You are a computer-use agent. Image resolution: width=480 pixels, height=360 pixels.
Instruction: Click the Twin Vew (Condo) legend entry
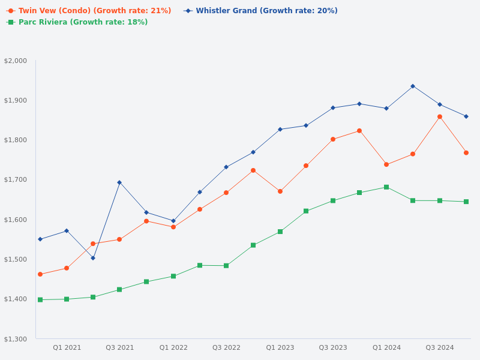pos(94,11)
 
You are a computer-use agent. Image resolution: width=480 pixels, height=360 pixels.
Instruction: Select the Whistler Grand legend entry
pos(266,11)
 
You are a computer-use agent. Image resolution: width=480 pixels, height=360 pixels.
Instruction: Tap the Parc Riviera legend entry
pos(82,22)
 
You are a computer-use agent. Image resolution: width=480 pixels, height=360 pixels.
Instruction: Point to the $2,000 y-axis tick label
pos(16,61)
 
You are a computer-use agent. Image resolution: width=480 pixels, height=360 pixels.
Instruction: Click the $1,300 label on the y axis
pos(16,339)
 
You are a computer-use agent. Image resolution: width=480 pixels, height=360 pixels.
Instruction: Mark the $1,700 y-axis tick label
pos(16,179)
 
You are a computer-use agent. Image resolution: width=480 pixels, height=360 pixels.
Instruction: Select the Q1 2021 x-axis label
pos(67,347)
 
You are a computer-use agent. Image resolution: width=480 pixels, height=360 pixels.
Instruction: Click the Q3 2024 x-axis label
pos(440,347)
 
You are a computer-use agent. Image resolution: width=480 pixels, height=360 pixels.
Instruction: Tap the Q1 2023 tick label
pos(280,347)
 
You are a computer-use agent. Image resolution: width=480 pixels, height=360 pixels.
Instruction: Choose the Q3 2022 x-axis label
pos(226,347)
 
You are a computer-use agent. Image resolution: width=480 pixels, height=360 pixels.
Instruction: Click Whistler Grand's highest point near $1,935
pos(413,86)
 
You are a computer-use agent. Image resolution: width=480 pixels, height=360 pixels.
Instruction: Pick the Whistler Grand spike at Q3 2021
pos(119,182)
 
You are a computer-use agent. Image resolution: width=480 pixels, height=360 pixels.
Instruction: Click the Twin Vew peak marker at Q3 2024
pos(440,116)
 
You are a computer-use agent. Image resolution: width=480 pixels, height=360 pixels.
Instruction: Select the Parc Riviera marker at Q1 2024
pos(386,187)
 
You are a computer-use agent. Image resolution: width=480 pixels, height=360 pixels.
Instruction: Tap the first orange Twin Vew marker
pos(40,274)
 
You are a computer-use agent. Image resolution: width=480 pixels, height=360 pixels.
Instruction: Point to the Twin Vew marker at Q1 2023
pos(280,191)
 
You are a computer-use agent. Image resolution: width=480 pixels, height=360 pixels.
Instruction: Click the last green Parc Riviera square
pos(466,202)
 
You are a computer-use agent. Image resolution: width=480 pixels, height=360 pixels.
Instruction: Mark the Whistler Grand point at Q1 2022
pos(173,221)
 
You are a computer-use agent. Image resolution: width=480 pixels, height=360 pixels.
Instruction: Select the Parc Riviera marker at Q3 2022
pos(226,265)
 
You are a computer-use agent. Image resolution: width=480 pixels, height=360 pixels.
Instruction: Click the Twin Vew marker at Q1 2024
pos(386,164)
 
